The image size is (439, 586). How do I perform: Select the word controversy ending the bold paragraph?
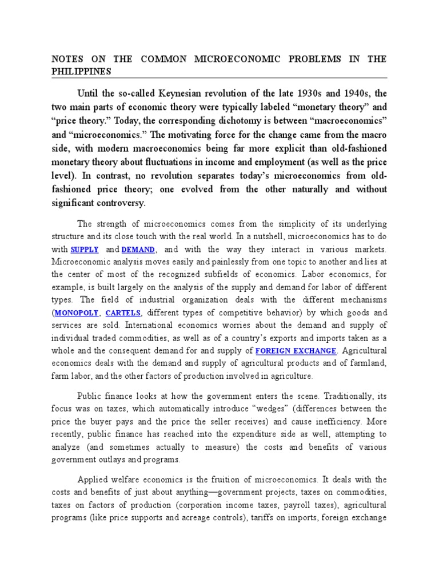[119, 203]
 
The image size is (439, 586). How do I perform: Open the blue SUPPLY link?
[85, 250]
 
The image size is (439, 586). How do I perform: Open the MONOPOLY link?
[77, 312]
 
